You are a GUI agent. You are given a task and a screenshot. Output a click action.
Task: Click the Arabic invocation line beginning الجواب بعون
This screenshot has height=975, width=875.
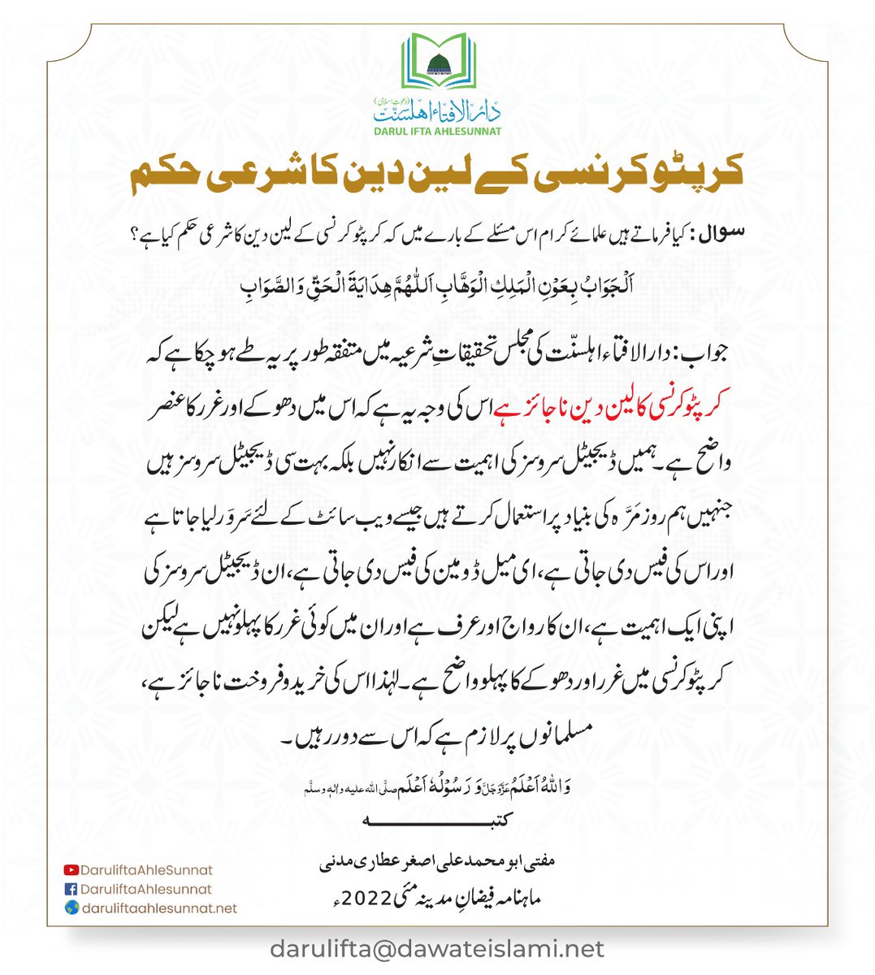tap(438, 287)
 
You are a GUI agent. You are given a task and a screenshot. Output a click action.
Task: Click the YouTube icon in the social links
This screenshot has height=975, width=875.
tap(71, 870)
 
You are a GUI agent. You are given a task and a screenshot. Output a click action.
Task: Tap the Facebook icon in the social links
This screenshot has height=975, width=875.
tap(71, 890)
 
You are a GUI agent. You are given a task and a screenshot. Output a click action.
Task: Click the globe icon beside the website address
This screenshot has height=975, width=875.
tap(71, 909)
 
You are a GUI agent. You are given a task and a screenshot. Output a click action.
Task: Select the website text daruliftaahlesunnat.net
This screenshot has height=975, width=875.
tap(160, 909)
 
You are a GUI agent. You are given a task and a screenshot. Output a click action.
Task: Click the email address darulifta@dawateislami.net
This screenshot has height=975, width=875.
tap(438, 949)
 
